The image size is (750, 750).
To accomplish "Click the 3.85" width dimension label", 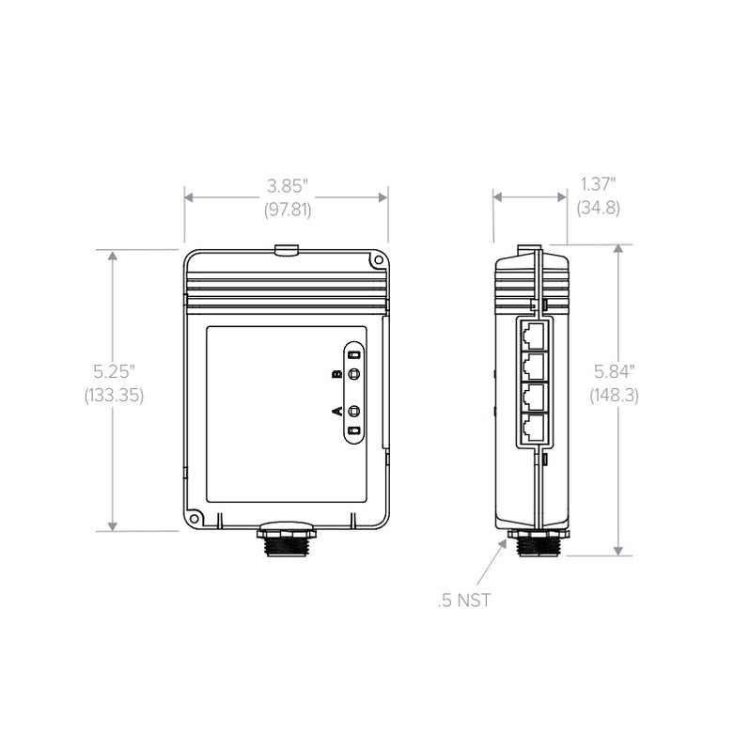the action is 287,186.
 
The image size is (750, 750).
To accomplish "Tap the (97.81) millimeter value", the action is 288,210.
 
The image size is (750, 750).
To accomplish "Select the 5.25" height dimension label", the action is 114,371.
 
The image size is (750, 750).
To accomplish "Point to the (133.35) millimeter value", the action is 114,395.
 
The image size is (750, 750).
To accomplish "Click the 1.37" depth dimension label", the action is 598,184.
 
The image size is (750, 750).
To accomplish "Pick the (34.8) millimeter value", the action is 599,208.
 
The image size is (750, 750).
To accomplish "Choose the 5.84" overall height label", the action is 614,371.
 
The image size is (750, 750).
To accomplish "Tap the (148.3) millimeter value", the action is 614,395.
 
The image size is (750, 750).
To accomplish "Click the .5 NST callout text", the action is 464,601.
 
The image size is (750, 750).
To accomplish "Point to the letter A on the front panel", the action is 337,411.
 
